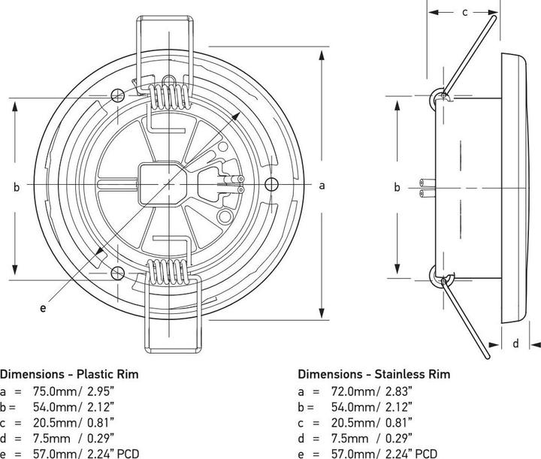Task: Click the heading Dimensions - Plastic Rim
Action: (x=69, y=373)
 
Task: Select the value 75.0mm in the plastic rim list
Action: (x=52, y=391)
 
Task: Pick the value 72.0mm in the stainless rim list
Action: (x=351, y=391)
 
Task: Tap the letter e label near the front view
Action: (x=43, y=307)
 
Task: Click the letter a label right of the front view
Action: (x=322, y=186)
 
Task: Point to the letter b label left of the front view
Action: (x=16, y=187)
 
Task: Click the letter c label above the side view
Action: (x=464, y=11)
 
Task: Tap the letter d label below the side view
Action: (x=515, y=344)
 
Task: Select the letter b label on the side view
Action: (x=397, y=187)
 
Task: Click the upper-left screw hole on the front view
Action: (x=117, y=95)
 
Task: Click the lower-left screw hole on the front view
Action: (x=117, y=272)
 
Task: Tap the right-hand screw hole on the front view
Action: (x=271, y=183)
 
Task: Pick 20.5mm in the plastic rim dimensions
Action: (x=52, y=422)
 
